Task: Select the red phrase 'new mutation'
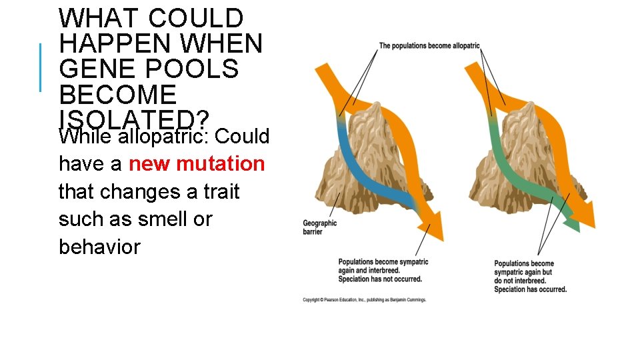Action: [197, 163]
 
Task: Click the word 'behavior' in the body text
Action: [99, 247]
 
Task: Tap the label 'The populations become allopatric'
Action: [429, 46]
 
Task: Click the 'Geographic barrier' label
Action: [320, 227]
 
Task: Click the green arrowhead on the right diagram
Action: [572, 223]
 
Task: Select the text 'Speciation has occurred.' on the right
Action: [530, 289]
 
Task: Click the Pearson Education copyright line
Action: [364, 300]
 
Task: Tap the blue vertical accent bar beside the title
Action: [40, 67]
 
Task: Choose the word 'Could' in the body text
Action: [242, 136]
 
